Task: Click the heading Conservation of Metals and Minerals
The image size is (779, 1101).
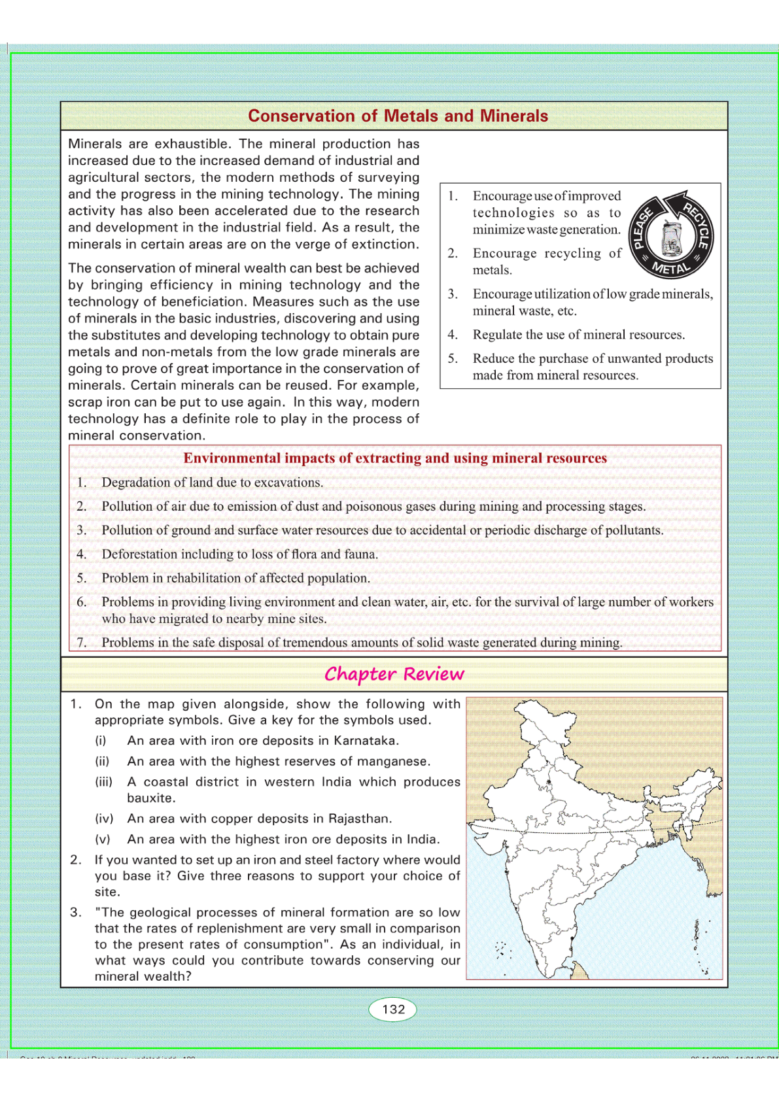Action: [x=398, y=116]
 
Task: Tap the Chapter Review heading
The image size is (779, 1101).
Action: [x=394, y=674]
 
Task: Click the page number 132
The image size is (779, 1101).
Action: [x=393, y=1009]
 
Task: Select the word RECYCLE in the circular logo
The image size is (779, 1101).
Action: [x=696, y=225]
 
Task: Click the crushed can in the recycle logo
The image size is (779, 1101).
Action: [x=670, y=237]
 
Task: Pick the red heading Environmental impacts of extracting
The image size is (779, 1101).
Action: [x=394, y=458]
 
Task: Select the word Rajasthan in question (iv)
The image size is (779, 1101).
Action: [x=358, y=819]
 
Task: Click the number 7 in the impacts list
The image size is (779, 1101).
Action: [x=81, y=643]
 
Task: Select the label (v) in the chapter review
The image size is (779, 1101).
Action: [x=103, y=839]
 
